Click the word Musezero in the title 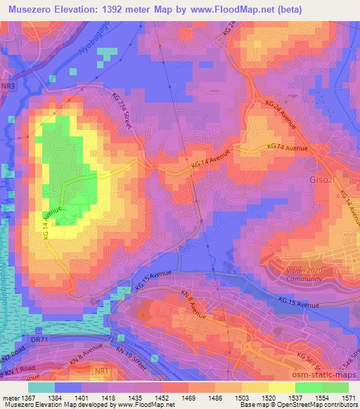tap(34, 10)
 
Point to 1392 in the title tap(131, 10)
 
